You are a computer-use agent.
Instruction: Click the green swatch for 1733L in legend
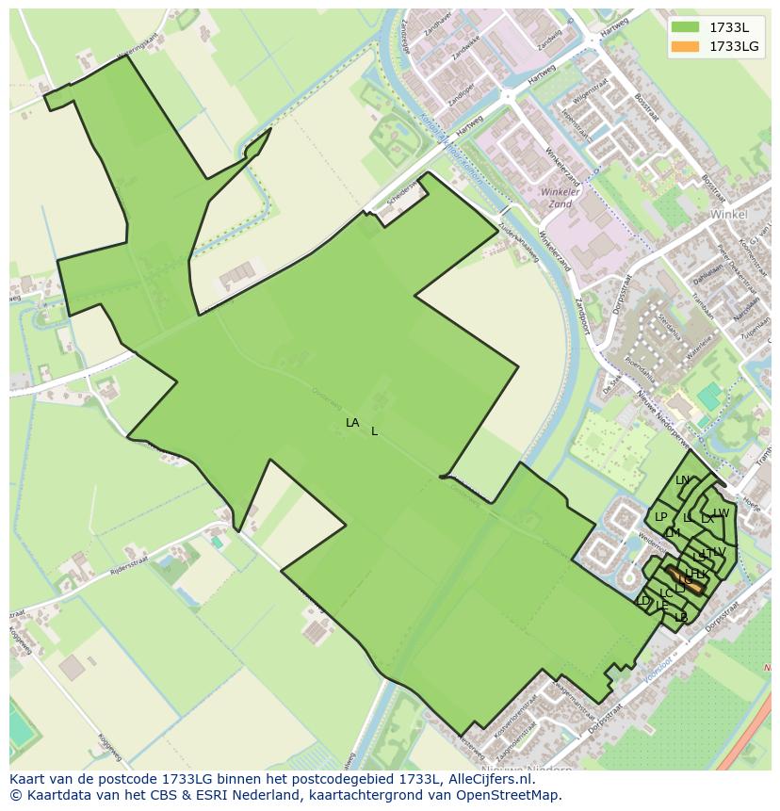[x=685, y=27]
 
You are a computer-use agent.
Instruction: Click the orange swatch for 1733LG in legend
[x=685, y=45]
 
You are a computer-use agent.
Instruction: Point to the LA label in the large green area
[x=352, y=423]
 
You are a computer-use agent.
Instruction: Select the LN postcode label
[x=683, y=480]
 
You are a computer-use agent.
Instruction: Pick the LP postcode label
[x=660, y=517]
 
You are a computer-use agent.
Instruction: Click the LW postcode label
[x=722, y=513]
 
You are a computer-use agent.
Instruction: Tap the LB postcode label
[x=681, y=618]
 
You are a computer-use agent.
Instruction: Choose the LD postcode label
[x=643, y=601]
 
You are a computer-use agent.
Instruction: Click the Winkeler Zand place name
[x=558, y=198]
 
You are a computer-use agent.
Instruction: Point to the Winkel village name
[x=728, y=214]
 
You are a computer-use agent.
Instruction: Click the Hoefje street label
[x=751, y=504]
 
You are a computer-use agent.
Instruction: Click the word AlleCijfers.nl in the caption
[x=488, y=779]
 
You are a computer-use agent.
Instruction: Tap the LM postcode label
[x=673, y=533]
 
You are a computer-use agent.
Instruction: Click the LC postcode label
[x=666, y=593]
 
